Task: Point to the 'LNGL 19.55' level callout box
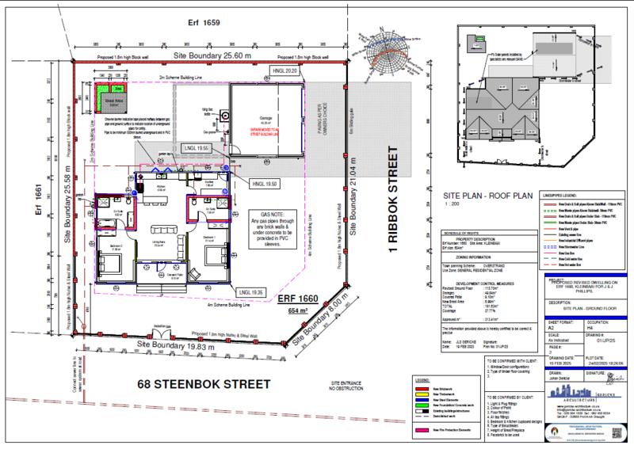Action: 193,149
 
